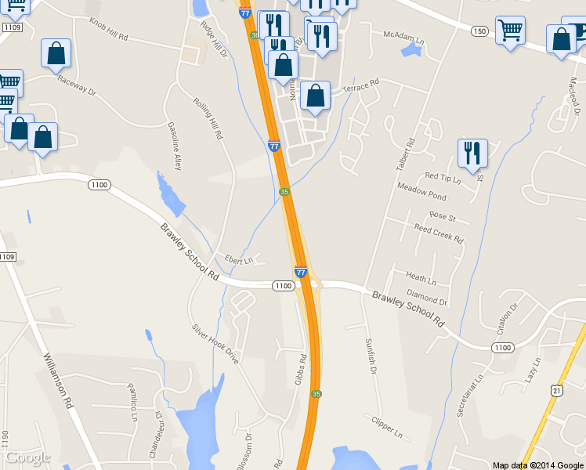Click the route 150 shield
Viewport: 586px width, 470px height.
coord(479,31)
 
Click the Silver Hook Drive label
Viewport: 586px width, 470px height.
coord(215,345)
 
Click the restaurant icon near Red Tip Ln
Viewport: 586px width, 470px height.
coord(472,153)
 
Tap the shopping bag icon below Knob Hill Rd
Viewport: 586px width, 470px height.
coord(56,52)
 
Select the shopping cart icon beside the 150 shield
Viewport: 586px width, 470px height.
coord(510,31)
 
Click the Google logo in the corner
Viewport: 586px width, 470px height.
coord(27,457)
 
